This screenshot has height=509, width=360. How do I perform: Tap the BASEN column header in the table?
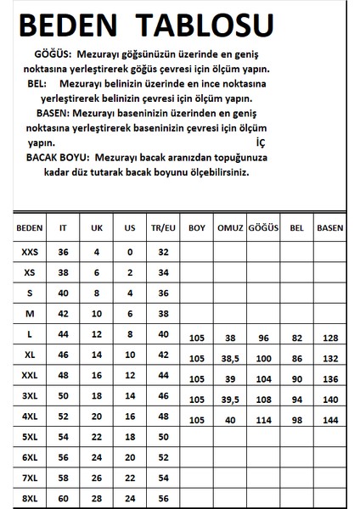coord(329,228)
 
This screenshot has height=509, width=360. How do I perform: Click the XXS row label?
coord(29,252)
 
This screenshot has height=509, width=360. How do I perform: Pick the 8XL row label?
coord(29,497)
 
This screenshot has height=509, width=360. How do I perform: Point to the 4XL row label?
coord(29,416)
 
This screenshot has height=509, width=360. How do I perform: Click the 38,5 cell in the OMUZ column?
coord(230,360)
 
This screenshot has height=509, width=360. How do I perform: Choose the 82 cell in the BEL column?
coord(295,339)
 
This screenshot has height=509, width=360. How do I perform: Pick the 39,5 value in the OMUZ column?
coord(230,400)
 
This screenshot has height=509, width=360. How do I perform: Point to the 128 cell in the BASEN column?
coord(329,339)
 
